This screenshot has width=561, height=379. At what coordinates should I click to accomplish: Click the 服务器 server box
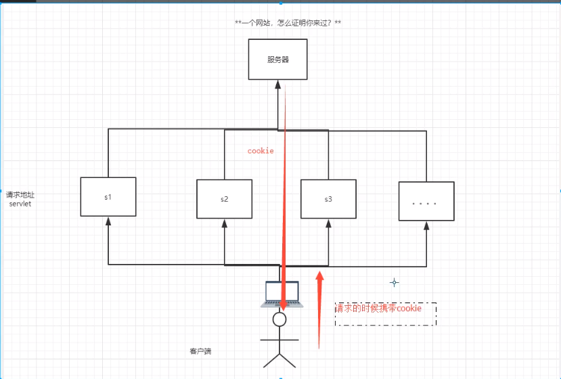pos(277,60)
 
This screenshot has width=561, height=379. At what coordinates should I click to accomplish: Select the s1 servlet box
pos(108,197)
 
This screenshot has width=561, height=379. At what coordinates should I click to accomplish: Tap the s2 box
pos(224,200)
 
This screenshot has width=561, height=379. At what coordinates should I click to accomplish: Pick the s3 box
pos(328,200)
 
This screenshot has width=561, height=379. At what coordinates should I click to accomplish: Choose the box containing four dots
pos(426,202)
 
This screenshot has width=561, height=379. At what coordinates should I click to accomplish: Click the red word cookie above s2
pos(261,151)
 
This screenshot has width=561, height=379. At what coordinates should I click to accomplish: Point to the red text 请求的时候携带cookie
pos(379,308)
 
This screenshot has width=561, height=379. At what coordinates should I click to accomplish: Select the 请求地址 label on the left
pos(21,195)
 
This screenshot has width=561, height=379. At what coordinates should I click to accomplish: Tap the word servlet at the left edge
pos(21,204)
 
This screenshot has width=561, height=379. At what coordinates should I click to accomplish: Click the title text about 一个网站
pos(288,24)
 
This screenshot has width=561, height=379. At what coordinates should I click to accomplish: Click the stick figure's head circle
pos(279,319)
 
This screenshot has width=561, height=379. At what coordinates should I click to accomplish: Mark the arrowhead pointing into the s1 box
pos(108,221)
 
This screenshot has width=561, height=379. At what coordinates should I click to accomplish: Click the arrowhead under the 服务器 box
pos(277,85)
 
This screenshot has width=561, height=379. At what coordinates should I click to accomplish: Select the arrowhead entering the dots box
pos(426,226)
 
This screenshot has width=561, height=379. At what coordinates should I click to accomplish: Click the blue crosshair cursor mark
pos(394,282)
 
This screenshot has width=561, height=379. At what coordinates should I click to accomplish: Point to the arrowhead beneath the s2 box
pos(224,223)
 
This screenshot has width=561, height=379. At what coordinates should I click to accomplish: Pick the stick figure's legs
pos(279,359)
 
